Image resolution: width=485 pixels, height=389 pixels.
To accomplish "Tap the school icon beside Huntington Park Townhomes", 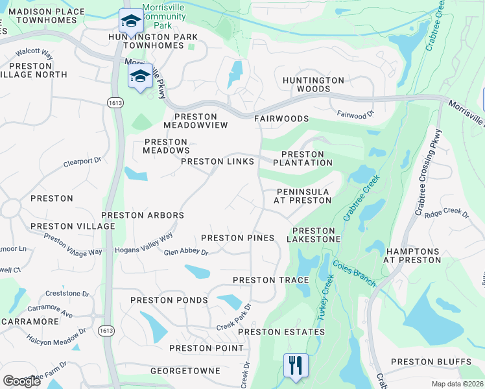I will (x=131, y=23).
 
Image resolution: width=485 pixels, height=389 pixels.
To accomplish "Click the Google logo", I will (x=21, y=381).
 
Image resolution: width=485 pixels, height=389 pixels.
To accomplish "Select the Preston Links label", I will (x=217, y=161).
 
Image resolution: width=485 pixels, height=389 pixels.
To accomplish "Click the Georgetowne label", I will (x=185, y=371).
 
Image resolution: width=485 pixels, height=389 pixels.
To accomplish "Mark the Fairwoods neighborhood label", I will (x=281, y=119).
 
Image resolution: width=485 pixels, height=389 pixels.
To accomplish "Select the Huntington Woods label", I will (x=313, y=84).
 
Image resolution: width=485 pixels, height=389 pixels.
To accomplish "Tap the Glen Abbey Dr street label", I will (x=185, y=253).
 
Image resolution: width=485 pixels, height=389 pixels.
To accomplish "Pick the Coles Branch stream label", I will (x=354, y=273).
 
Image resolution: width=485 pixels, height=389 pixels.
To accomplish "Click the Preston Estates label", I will (x=281, y=332).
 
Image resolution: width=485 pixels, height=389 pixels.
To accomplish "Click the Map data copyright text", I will (x=457, y=384).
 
